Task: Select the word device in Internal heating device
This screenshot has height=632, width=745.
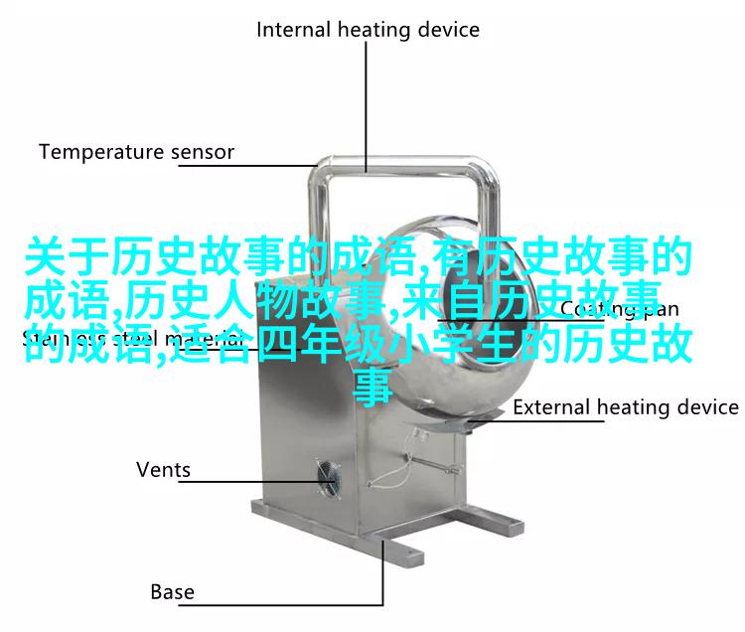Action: tap(448, 30)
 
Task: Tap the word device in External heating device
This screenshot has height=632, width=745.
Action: tap(706, 407)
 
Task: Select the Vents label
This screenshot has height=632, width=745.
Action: tap(163, 469)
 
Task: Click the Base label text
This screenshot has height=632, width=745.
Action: tap(172, 592)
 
